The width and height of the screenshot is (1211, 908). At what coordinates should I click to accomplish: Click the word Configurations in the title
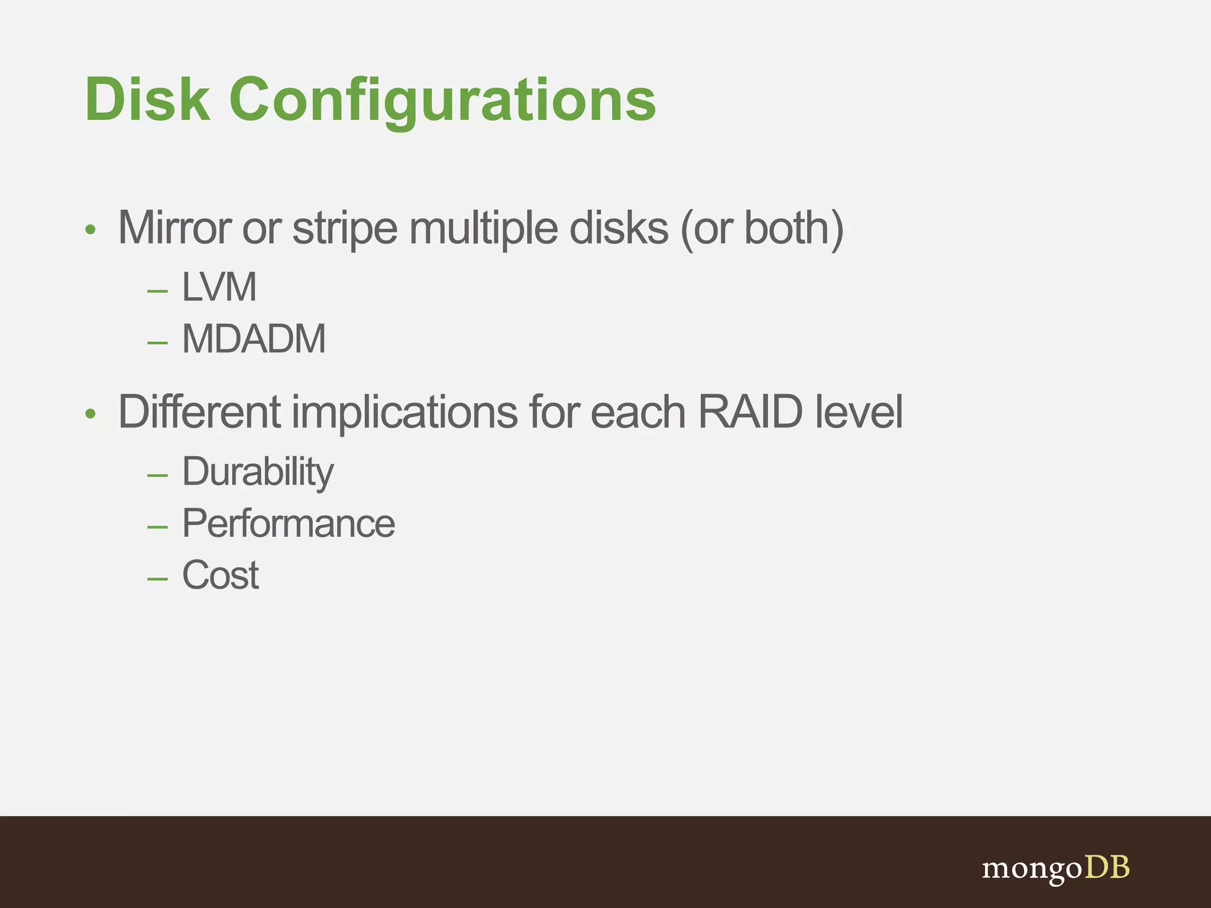click(443, 100)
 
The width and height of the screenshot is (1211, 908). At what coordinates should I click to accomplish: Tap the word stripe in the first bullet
click(345, 229)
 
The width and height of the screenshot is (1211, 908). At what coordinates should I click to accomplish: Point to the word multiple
click(483, 229)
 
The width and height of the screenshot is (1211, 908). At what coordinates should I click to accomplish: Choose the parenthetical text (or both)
click(762, 229)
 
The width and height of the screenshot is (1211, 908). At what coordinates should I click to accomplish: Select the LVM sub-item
click(219, 287)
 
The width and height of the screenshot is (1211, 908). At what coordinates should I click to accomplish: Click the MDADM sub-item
click(254, 339)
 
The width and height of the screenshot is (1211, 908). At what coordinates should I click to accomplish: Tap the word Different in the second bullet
click(199, 412)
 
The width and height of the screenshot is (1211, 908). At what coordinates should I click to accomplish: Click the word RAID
click(750, 412)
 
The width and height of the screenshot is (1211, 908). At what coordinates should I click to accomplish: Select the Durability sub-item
click(258, 472)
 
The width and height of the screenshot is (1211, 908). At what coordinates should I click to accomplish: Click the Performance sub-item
click(289, 524)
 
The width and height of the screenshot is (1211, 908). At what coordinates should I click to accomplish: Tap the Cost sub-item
click(220, 575)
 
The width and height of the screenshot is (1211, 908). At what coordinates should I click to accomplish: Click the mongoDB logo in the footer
click(1055, 868)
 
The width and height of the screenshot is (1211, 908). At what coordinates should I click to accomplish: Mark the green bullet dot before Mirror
click(90, 229)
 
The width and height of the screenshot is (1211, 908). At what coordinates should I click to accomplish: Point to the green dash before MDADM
click(157, 342)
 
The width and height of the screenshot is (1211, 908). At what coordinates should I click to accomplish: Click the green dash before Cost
click(157, 578)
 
